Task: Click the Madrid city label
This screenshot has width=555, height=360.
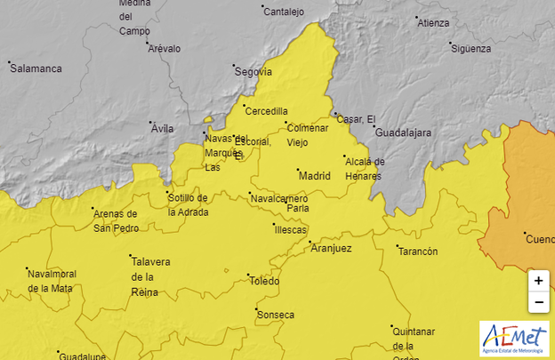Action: point(314,176)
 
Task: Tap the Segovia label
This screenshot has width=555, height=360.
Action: point(253,72)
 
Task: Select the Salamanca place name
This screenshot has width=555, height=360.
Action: point(36,68)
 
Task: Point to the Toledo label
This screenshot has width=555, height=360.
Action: point(264,281)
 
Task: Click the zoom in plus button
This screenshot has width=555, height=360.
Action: point(538,280)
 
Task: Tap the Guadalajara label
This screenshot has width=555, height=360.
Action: point(403,132)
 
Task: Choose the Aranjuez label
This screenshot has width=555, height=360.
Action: point(331,249)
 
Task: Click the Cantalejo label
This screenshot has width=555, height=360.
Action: point(285,12)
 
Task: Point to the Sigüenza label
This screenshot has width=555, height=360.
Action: point(471,49)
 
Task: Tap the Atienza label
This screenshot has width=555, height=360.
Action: point(433,23)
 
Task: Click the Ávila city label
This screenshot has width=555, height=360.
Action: point(162,129)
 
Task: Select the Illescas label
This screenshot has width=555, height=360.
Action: point(289,228)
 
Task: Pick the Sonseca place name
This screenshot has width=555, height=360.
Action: point(275,315)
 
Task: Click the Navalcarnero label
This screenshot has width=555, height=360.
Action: point(280,198)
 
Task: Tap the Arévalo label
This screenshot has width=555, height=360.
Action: point(165,49)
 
